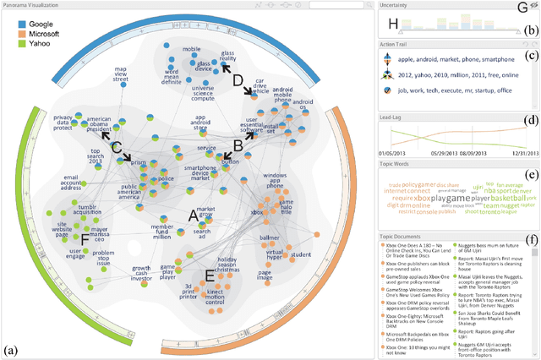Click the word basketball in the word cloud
click(x=504, y=197)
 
